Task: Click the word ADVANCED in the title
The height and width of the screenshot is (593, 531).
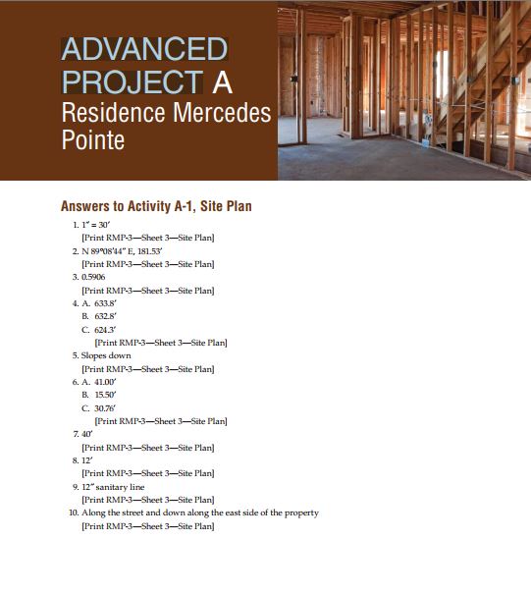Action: click(144, 48)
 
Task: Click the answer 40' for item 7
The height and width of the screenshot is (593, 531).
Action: click(88, 433)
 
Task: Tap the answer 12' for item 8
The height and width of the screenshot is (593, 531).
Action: click(88, 459)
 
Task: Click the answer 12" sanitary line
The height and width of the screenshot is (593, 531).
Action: click(113, 486)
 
